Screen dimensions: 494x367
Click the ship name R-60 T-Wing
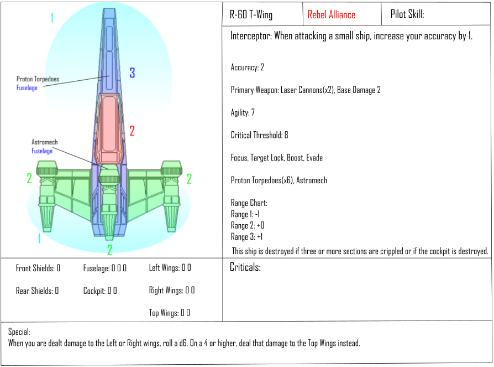click(251, 14)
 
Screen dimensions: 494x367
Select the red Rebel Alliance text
click(332, 14)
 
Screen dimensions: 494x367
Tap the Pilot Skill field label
click(407, 14)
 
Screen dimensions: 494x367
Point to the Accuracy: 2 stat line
click(248, 67)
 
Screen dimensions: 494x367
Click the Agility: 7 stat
click(243, 112)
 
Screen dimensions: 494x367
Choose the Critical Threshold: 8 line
click(259, 135)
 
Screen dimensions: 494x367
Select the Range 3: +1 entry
click(246, 237)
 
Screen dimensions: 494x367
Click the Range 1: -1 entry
click(245, 214)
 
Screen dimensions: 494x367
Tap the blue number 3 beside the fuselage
click(132, 73)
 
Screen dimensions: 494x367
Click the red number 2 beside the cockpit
click(132, 131)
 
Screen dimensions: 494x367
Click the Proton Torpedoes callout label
click(38, 79)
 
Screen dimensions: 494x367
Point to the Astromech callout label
click(44, 142)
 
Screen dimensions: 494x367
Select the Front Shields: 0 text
click(38, 268)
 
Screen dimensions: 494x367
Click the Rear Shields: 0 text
click(37, 291)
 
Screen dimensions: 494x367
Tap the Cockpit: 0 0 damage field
click(100, 291)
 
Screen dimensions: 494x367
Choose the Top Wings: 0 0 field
click(170, 313)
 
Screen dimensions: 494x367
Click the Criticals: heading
click(245, 267)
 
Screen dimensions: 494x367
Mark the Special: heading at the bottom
click(19, 332)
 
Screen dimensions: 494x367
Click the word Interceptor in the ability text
click(251, 35)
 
